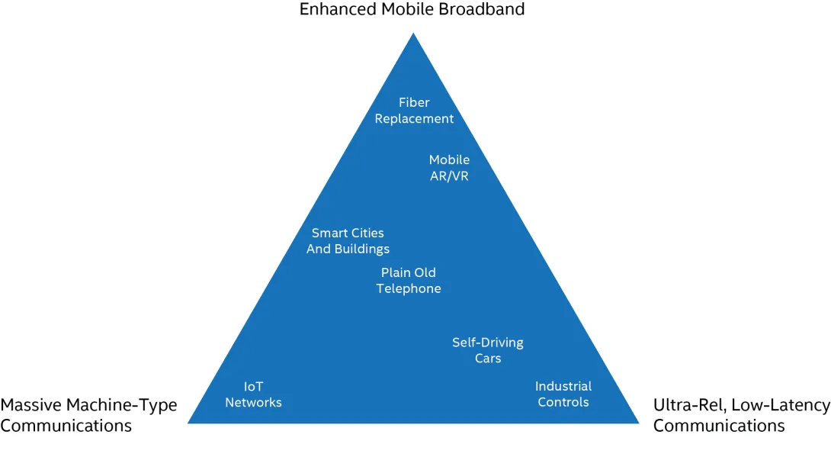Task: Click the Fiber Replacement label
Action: click(414, 111)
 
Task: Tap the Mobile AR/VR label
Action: click(449, 168)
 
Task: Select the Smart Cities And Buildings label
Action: click(348, 240)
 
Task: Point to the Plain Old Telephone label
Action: click(409, 281)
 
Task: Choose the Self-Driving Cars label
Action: click(488, 350)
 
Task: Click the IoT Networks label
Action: click(253, 394)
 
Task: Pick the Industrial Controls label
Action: click(563, 394)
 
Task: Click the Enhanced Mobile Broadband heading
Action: click(412, 10)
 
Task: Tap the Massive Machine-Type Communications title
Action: click(88, 415)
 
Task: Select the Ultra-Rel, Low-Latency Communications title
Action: click(742, 415)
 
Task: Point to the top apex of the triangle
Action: click(413, 34)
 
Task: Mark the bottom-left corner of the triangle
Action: click(188, 423)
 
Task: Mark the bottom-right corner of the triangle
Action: click(639, 423)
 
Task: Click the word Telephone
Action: click(409, 288)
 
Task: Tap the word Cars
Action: click(488, 359)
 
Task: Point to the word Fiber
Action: click(414, 102)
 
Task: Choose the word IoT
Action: click(253, 387)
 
